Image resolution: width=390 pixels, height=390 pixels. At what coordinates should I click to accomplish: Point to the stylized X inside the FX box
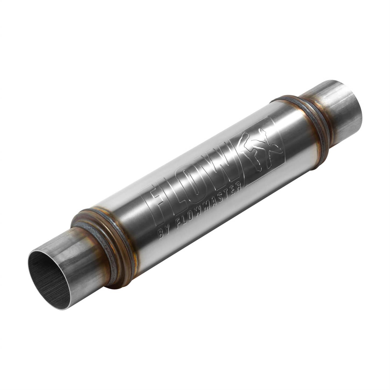click(x=269, y=147)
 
